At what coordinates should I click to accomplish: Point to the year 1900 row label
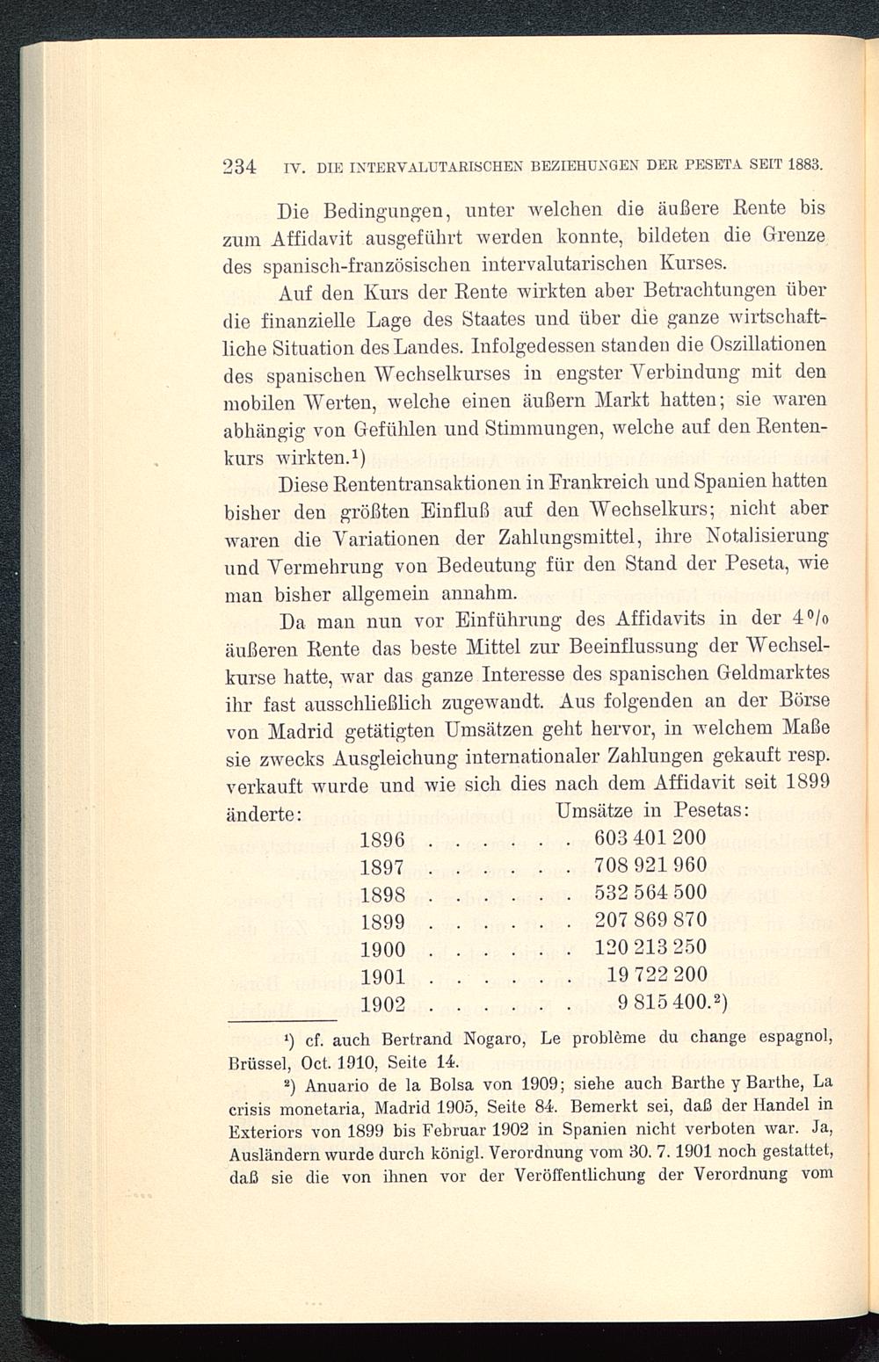pos(382,950)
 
